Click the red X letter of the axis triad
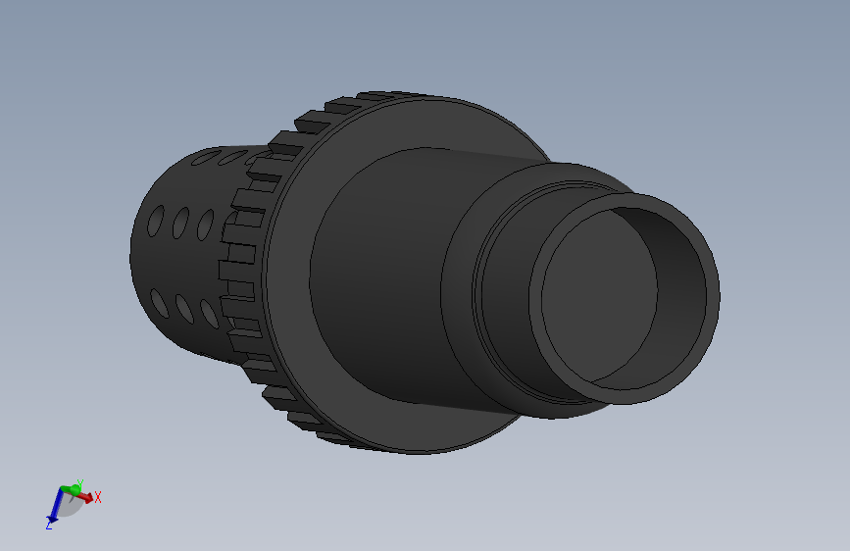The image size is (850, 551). click(98, 498)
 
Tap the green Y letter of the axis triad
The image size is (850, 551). click(79, 482)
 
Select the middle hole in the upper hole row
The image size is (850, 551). click(181, 225)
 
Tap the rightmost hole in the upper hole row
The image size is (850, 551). click(206, 225)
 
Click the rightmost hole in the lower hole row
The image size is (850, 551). click(209, 312)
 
